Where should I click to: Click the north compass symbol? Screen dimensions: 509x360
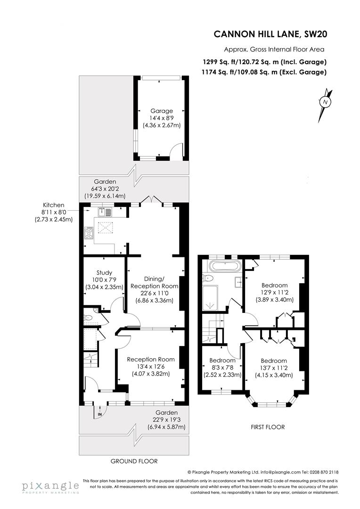(325, 102)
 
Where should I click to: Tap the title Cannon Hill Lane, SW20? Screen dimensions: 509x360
(270, 34)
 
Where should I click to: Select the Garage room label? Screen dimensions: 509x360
(162, 111)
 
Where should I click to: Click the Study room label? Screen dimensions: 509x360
(104, 272)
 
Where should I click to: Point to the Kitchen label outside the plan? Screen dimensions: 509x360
(53, 205)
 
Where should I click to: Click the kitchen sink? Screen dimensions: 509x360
(104, 212)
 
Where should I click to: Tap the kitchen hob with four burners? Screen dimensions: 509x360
(88, 233)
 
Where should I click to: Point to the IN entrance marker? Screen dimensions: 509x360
(100, 414)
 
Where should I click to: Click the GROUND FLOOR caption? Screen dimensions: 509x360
(134, 461)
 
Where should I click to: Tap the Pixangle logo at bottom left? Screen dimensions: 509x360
(50, 486)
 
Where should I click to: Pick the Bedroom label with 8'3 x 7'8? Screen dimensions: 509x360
(222, 361)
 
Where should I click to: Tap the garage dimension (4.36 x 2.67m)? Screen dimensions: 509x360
(162, 125)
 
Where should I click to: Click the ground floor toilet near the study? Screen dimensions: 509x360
(88, 318)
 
